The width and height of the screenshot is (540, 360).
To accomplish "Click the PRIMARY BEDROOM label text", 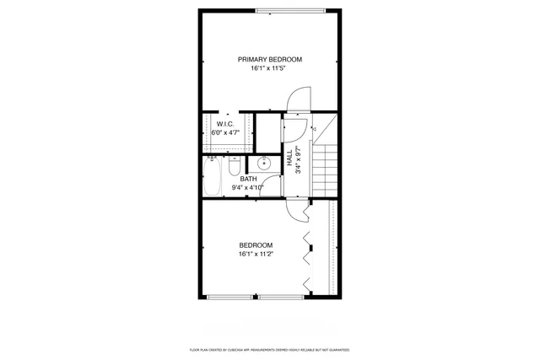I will (x=269, y=59).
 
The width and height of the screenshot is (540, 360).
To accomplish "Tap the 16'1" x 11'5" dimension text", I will (x=269, y=68).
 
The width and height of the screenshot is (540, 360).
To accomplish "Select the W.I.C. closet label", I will (x=224, y=124).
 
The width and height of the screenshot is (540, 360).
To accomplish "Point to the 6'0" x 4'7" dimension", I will (x=224, y=132).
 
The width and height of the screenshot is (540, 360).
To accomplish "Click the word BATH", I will (x=248, y=179).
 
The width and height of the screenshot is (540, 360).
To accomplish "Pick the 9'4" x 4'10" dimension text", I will (x=248, y=187).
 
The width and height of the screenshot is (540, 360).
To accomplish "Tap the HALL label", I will (x=289, y=158).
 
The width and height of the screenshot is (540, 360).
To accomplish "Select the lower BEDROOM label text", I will (x=256, y=244).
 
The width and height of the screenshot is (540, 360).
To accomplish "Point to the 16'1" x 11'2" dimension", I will (x=256, y=253).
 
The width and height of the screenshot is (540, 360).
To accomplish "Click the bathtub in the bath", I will (x=213, y=178).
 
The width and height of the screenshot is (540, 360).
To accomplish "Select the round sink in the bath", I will (x=264, y=164).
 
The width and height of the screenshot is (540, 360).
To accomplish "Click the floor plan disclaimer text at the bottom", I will (x=269, y=349).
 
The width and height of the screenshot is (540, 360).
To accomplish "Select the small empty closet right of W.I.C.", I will (x=267, y=132).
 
